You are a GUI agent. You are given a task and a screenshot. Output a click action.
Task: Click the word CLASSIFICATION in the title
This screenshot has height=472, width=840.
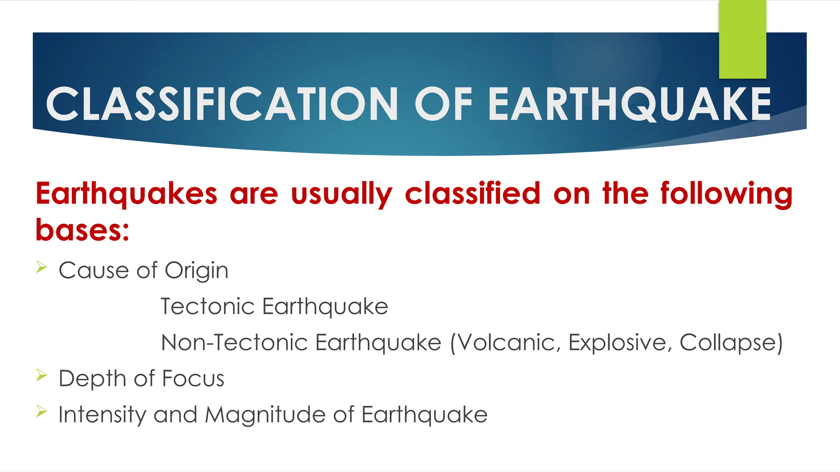(x=222, y=104)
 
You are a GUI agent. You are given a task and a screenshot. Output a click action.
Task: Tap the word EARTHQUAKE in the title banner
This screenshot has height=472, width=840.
(x=630, y=104)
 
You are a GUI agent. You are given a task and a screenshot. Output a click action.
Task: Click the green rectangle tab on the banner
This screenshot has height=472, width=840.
(x=742, y=39)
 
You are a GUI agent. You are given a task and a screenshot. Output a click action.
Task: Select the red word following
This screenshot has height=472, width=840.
(x=726, y=193)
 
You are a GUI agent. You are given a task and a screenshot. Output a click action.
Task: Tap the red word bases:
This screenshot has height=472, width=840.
(x=82, y=229)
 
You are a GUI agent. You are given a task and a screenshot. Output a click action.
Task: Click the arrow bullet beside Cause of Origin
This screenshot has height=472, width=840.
(x=41, y=268)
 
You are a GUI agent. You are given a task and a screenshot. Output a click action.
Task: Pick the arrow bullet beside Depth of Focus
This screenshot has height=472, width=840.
(x=41, y=375)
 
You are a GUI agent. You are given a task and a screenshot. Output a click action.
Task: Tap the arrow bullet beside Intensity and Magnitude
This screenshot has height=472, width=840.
(x=41, y=411)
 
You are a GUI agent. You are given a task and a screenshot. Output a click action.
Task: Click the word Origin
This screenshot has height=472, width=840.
(x=196, y=271)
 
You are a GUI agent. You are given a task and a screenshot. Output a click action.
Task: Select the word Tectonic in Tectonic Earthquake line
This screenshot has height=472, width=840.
(x=208, y=306)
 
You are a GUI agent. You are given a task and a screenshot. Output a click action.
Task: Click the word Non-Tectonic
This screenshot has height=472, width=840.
(x=234, y=343)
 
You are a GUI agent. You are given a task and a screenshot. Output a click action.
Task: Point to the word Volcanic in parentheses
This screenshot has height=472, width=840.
(x=508, y=343)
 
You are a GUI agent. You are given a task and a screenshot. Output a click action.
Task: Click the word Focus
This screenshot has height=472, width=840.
(x=193, y=379)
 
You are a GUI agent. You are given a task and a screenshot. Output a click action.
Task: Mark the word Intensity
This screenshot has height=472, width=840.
(x=102, y=415)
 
